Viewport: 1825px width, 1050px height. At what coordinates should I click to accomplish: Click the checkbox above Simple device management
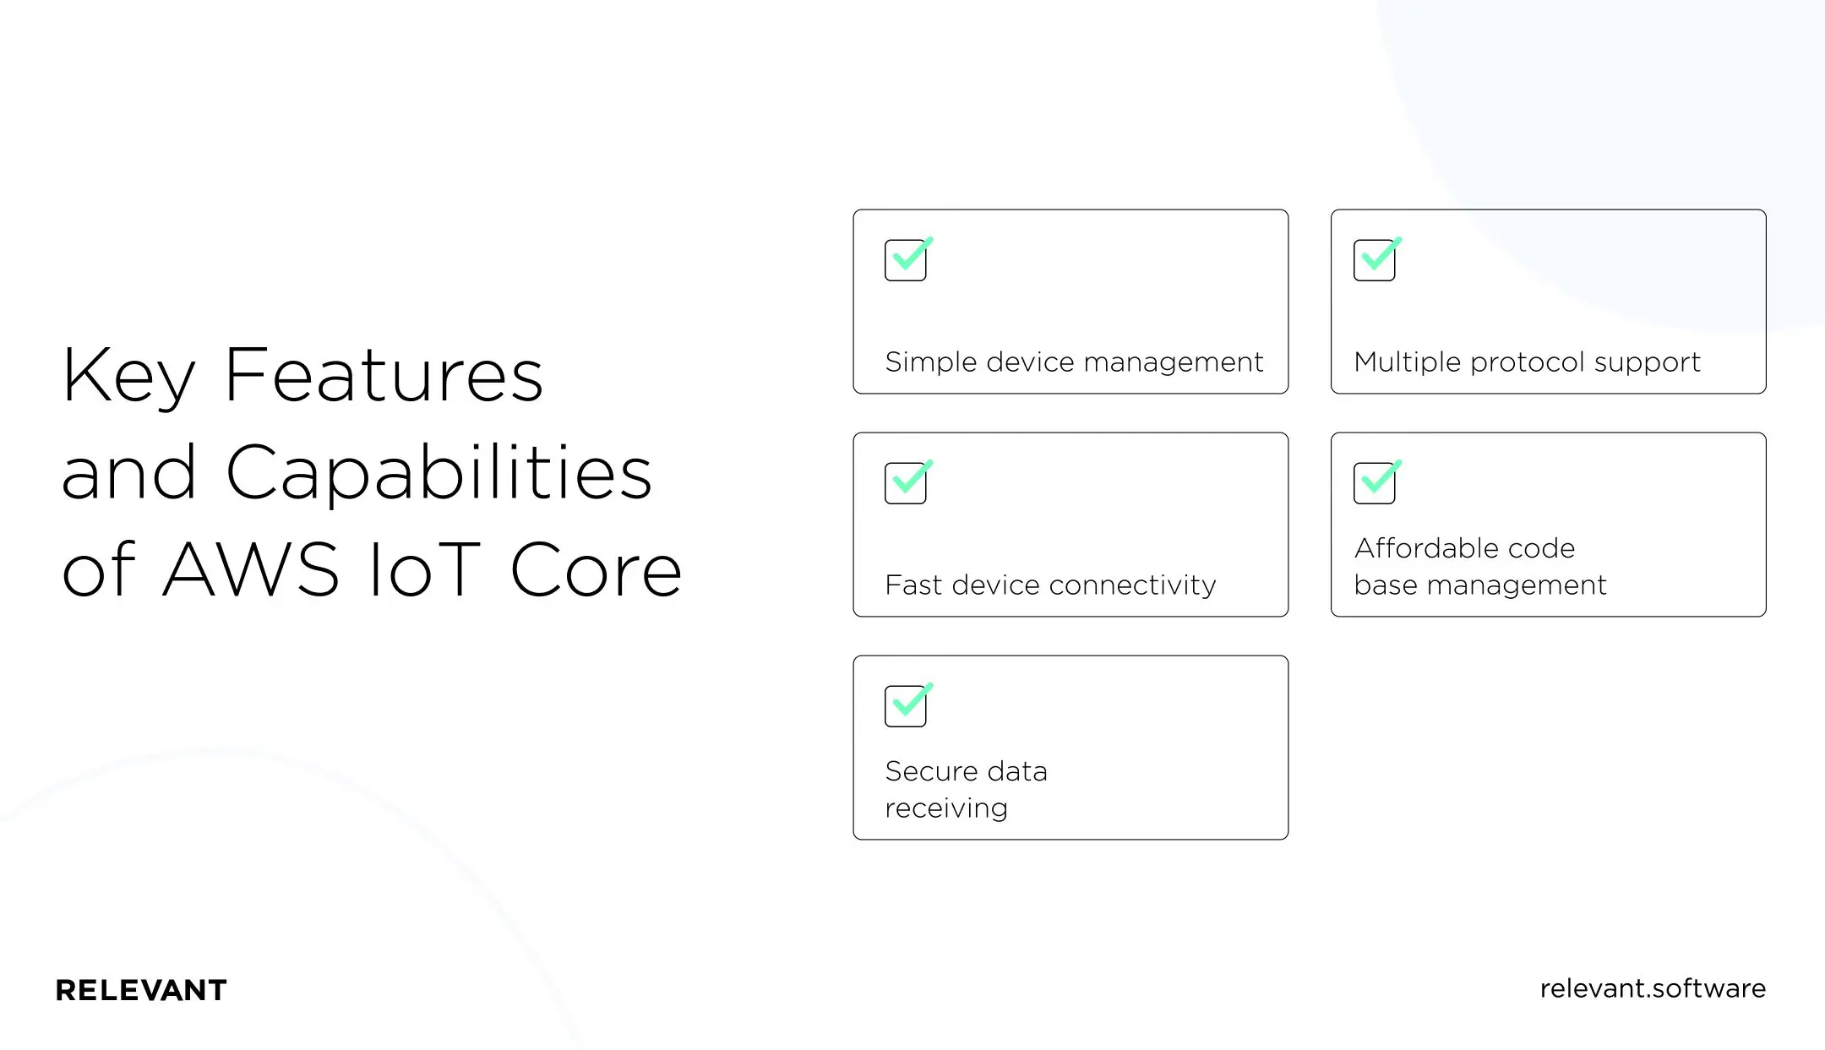click(x=905, y=260)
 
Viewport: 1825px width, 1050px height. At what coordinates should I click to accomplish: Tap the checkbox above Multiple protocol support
click(x=1374, y=260)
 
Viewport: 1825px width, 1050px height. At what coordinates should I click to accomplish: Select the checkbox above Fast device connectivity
click(x=905, y=483)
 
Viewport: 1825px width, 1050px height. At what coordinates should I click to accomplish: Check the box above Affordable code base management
click(x=1374, y=483)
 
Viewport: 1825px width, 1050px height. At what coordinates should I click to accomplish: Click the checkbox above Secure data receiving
click(x=905, y=706)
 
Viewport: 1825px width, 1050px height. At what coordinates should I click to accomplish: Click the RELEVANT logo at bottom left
click(x=141, y=990)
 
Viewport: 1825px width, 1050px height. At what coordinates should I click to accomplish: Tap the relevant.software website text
click(x=1652, y=988)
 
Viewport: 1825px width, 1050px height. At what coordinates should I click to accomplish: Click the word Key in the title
click(x=128, y=376)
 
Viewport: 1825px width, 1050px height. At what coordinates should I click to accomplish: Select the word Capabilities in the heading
click(x=439, y=473)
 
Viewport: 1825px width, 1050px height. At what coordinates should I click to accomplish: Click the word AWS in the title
click(x=251, y=569)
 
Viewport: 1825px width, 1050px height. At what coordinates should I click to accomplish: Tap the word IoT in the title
click(x=425, y=569)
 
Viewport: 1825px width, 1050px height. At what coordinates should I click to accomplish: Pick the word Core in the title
click(x=596, y=569)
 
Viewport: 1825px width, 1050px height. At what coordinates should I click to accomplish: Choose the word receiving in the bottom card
click(x=945, y=808)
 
